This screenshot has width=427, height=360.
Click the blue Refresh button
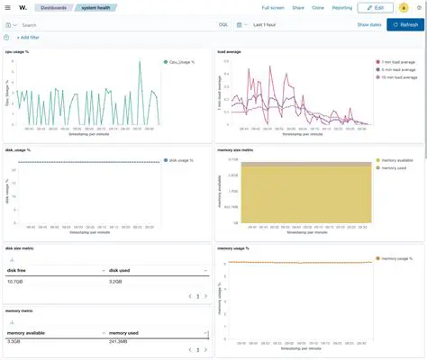[404, 24]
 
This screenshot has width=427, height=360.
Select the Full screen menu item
[272, 7]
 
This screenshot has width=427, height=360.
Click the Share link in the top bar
[298, 7]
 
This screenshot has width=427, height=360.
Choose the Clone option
[318, 7]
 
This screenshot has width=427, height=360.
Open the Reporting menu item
[341, 7]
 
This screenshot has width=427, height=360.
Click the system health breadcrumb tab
[97, 7]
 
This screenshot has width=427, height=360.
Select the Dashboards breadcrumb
[53, 7]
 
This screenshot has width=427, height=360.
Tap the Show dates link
[369, 24]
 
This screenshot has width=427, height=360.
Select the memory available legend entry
[397, 160]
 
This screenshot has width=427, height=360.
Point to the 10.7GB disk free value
[16, 282]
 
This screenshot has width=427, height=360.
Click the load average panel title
[229, 52]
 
